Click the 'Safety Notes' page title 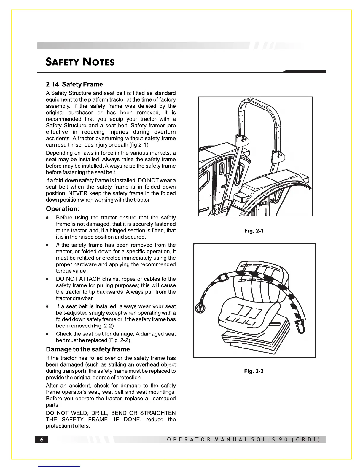point(80,62)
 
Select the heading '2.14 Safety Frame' point(74,84)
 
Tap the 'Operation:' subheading point(63,209)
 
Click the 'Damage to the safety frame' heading point(88,349)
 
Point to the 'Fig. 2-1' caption point(254,231)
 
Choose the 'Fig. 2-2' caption point(254,371)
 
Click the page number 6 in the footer point(42,440)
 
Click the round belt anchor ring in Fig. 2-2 point(200,308)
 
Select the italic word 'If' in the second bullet point(58,245)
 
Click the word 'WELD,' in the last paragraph point(82,413)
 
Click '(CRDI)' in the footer point(306,440)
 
